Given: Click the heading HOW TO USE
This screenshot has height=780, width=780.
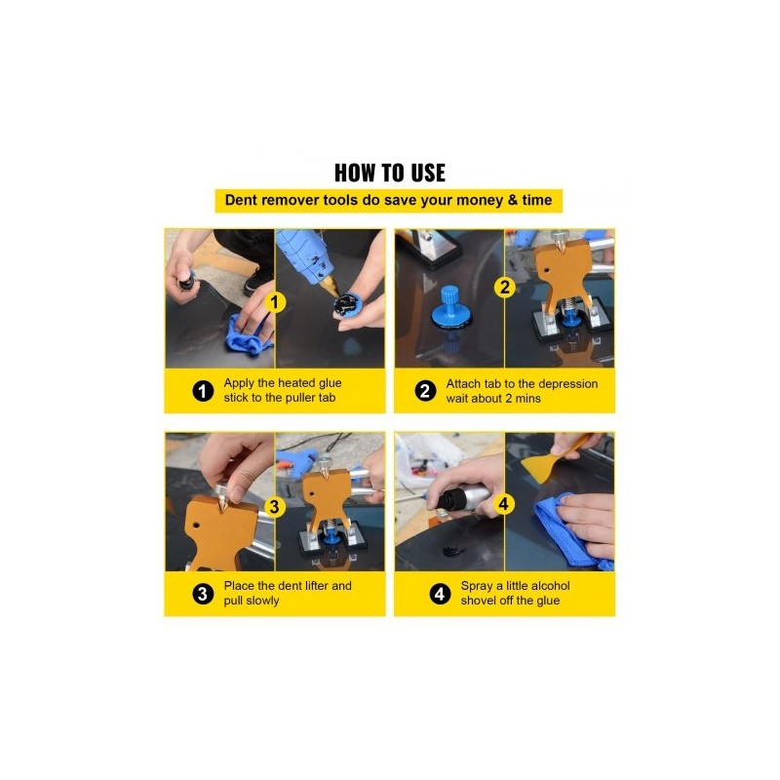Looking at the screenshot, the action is click(x=389, y=174).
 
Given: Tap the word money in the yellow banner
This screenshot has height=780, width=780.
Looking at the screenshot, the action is click(x=480, y=201).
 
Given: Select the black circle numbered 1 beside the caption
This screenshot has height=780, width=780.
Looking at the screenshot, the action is click(x=203, y=391).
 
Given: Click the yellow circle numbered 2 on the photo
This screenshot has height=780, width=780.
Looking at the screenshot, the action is click(x=504, y=287).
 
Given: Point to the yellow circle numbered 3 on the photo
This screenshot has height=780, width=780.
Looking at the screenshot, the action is click(x=274, y=507).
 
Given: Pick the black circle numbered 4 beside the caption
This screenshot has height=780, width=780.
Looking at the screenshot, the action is click(x=440, y=594).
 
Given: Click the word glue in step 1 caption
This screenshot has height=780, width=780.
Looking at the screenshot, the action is click(x=330, y=383).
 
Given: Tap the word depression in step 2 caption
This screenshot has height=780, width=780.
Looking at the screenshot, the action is click(x=568, y=384).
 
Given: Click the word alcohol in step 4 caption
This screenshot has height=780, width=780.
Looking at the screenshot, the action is click(x=549, y=586).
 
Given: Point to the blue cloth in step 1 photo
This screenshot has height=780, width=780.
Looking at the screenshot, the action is click(x=248, y=333).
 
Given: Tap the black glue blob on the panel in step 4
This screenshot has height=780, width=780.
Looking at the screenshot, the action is click(x=452, y=551).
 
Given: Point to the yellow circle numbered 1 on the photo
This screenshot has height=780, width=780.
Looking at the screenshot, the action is click(x=274, y=302).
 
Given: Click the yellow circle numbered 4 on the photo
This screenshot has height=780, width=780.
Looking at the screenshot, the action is click(x=503, y=504).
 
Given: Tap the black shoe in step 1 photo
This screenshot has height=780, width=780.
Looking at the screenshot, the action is click(x=258, y=281).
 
